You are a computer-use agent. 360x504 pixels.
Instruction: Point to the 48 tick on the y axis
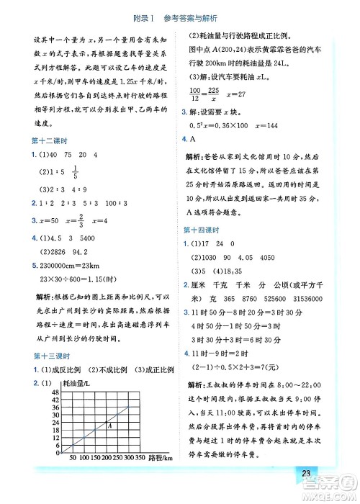[55, 392]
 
